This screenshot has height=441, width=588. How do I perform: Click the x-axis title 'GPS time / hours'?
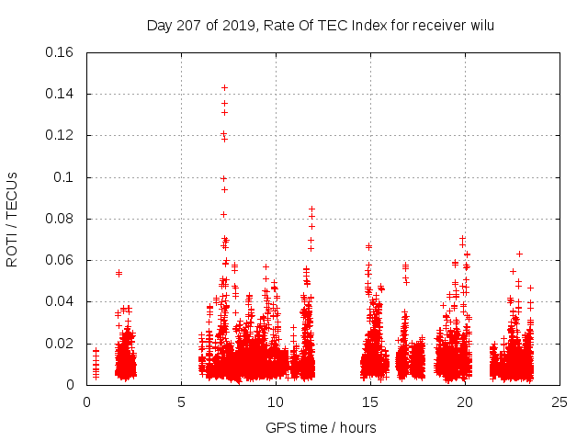point(321,427)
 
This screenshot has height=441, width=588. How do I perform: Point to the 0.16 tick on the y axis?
point(62,52)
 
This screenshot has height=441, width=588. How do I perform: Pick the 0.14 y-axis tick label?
point(62,94)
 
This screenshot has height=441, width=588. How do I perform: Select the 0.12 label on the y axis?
point(62,135)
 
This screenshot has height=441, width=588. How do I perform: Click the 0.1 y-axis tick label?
point(66,177)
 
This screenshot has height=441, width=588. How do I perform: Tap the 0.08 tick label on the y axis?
point(62,219)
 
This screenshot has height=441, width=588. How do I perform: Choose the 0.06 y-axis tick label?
point(62,260)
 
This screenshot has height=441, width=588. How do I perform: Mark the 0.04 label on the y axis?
point(62,301)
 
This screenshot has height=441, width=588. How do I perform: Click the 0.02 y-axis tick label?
point(62,344)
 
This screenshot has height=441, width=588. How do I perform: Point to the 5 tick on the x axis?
point(181,401)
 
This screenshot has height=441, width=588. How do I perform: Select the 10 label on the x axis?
point(276,401)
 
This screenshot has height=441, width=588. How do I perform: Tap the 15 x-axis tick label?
point(370,401)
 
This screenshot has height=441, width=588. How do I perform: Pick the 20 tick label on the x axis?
point(465,401)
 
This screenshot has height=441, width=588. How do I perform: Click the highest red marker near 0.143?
point(224,87)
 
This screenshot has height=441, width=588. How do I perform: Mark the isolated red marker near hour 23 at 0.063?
point(519,254)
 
